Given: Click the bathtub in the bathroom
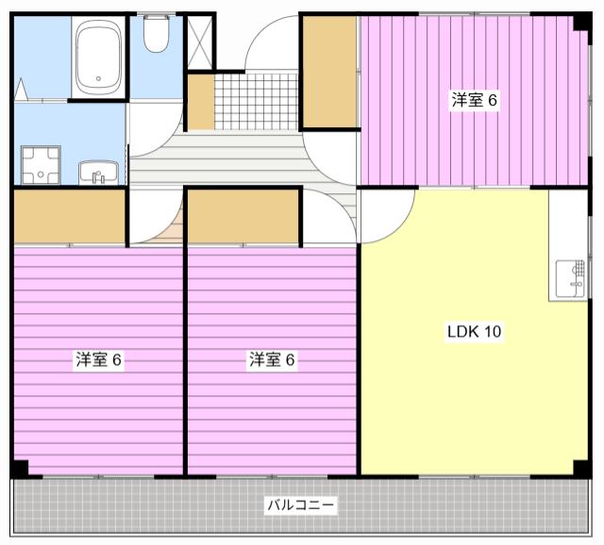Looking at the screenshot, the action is coord(98,57).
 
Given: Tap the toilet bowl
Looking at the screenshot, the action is coord(156,34).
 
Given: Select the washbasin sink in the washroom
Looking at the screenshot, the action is coord(98,173).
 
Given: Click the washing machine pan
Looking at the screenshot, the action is coord(41,165).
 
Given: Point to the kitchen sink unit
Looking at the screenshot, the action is coord(570,280).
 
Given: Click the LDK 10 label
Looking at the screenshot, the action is coord(474,331).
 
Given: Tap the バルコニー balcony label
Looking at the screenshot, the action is coord(301,504).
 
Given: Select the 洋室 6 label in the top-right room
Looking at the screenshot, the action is coord(474,100).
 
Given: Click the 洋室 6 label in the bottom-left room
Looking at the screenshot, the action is coord(98,360).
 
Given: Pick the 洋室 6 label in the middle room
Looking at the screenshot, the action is coord(272,360).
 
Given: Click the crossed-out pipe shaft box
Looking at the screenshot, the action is coord(199,42).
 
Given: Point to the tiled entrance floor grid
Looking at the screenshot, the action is coord(256,102).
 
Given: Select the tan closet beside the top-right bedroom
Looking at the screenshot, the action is coord(329,72).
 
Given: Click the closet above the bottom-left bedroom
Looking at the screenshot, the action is coord(70,216).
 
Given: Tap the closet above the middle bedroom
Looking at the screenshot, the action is coord(243,216).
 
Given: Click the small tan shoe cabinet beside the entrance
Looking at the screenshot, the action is coord(201,102).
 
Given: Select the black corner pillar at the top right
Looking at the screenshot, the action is coord(581,21).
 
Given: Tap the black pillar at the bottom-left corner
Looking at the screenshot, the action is coord(20,469).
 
